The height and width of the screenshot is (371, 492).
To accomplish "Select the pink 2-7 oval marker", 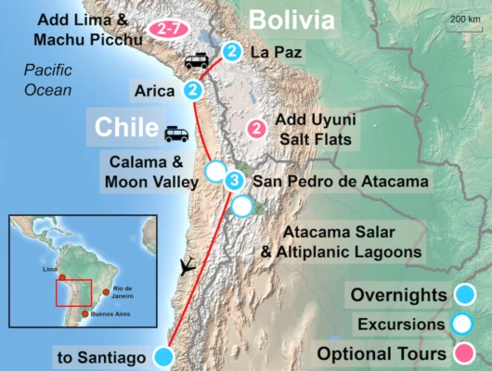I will coord(171,29).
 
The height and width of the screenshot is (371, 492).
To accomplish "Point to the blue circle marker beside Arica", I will coord(193,90).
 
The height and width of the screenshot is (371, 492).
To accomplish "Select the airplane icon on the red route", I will coord(188,265).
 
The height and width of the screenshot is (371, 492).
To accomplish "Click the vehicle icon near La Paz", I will coord(196,61).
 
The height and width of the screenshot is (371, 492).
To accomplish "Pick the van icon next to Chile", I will coord(176,134).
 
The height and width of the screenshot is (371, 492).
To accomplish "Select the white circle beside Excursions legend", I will coord(461,325).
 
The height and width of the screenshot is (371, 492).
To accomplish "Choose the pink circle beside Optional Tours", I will coord(461,353).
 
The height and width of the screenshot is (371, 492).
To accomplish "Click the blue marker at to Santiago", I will coord(164,356).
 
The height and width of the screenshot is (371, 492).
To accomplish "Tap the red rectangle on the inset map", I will coord(73,292).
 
